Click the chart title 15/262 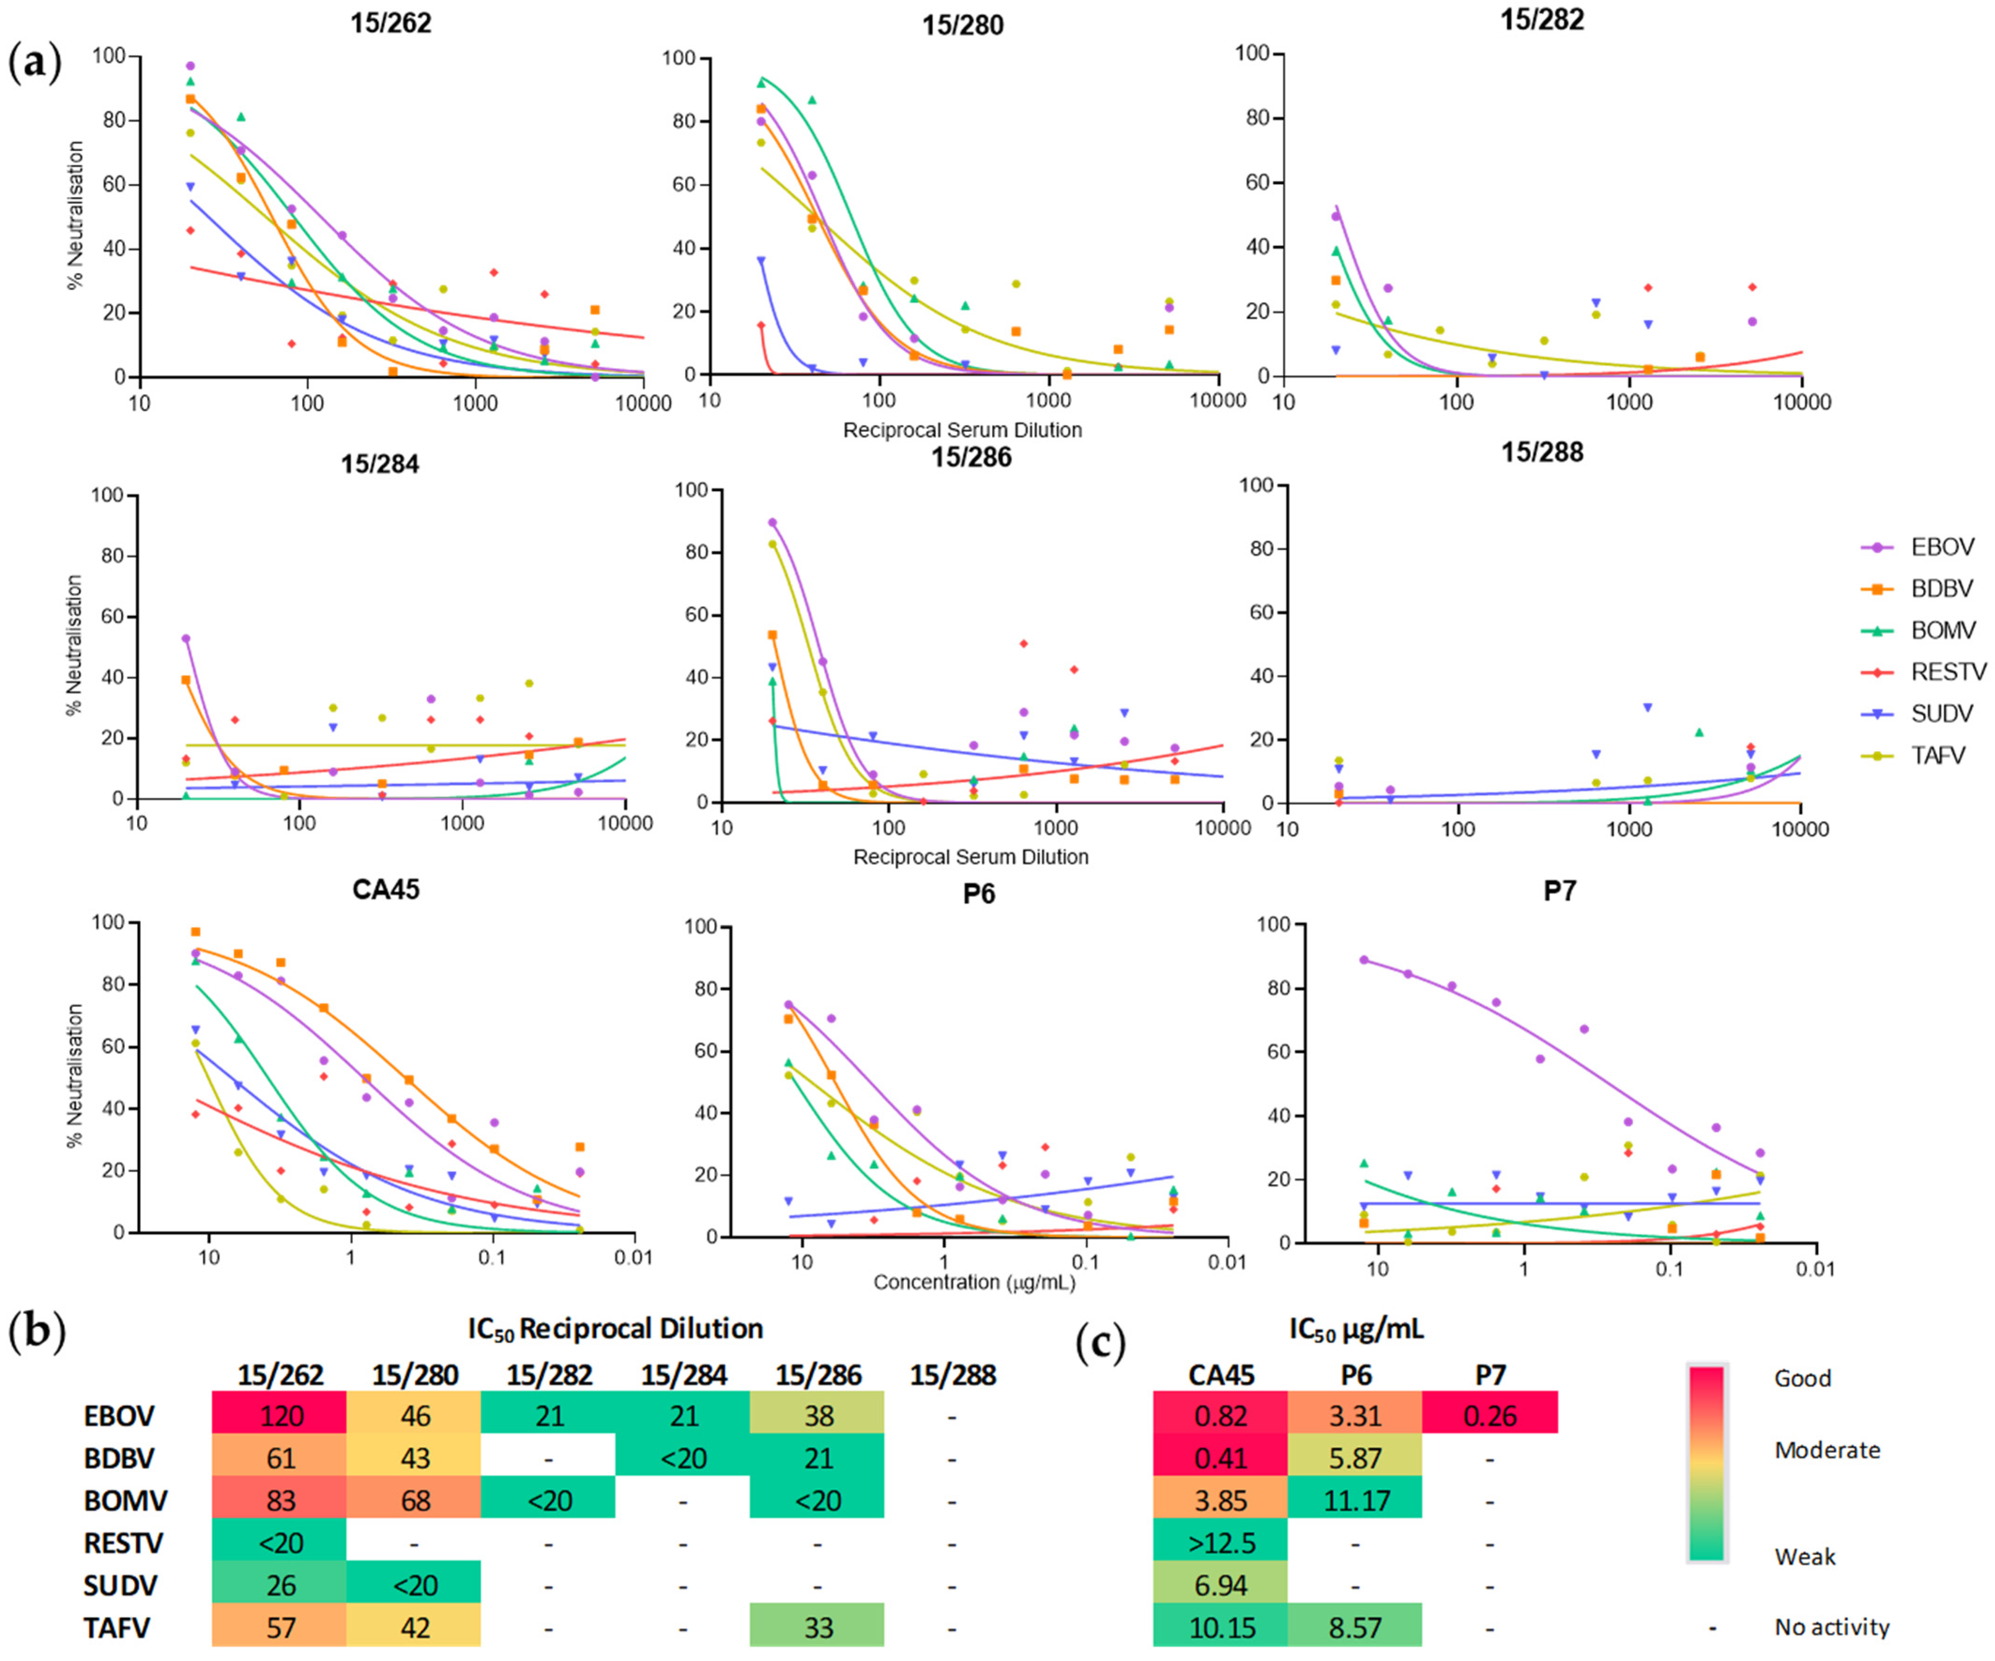coord(390,23)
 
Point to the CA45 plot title coord(386,889)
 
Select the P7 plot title coord(1559,891)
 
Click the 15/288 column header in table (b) coord(953,1375)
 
